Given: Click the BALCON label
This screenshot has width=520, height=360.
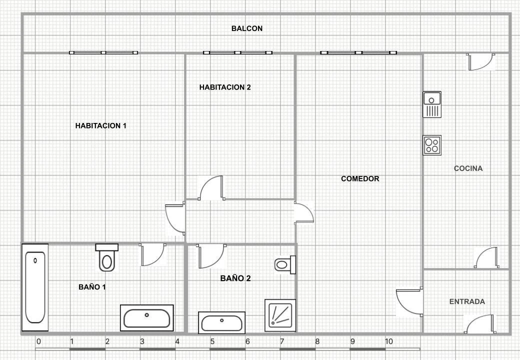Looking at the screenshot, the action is coord(246,28).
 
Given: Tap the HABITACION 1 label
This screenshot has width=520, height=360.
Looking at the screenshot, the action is coord(101,126).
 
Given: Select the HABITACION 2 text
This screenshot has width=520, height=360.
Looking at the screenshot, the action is coord(225,87).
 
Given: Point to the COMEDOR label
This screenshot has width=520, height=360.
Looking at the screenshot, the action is coord(360,179).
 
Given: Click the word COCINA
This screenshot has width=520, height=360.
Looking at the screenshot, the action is coord(468,168).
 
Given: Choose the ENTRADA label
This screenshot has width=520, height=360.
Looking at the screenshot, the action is coord(467,302).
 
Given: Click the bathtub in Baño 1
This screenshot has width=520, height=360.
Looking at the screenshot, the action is coord(35,287).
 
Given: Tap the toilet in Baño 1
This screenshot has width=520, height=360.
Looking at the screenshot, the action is coord(107,257).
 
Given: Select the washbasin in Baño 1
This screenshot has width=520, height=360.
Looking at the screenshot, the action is coord(146,317).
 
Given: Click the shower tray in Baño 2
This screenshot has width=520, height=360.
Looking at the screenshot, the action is coord(280,315).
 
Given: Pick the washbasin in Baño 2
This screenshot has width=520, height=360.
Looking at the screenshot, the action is coord(221,322).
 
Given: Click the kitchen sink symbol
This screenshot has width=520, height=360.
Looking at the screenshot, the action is coord(432,104).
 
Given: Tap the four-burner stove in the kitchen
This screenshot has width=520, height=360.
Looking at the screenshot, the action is coord(432,145).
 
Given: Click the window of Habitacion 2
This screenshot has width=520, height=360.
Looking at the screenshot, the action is coord(238,52).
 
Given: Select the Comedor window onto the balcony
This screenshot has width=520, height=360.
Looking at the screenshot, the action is coord(358,52).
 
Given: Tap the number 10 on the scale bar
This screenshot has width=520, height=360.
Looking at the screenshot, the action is coord(388,341).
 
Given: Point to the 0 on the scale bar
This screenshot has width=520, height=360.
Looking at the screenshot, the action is coord(39,341).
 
